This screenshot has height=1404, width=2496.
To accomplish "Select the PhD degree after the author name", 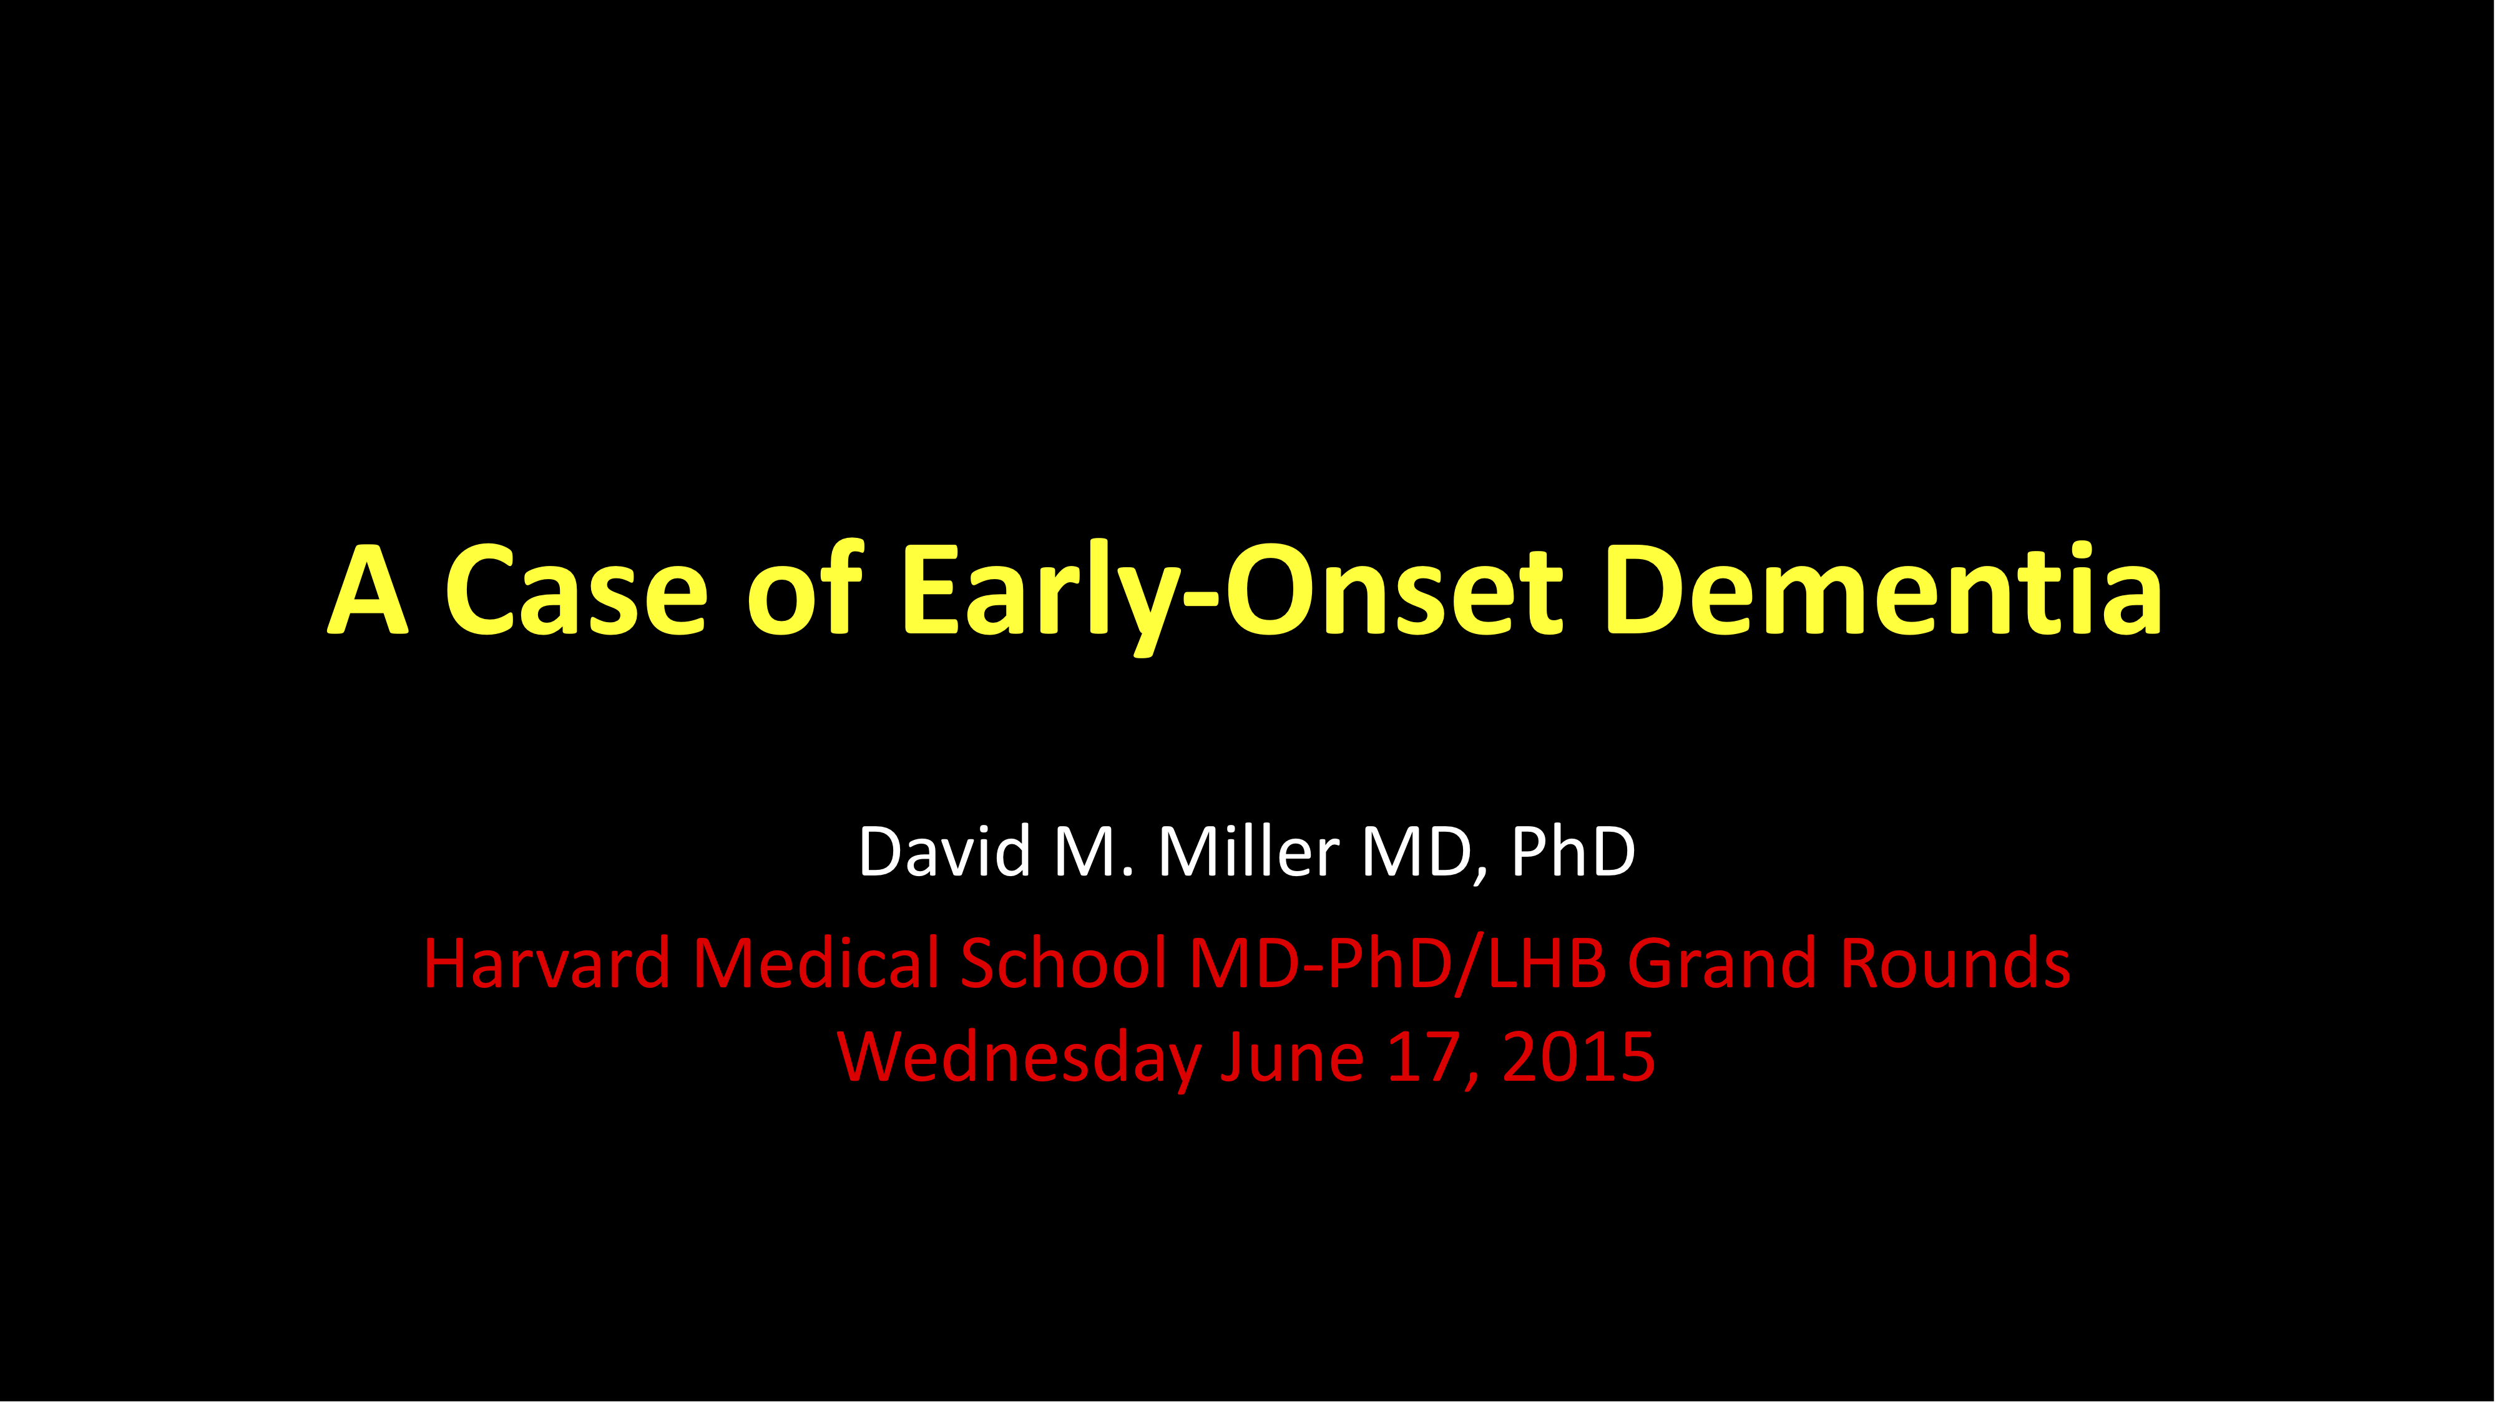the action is [1573, 852].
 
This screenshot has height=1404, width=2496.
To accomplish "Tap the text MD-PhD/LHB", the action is [1397, 965].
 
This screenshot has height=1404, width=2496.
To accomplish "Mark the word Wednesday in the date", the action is [1019, 1059].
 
